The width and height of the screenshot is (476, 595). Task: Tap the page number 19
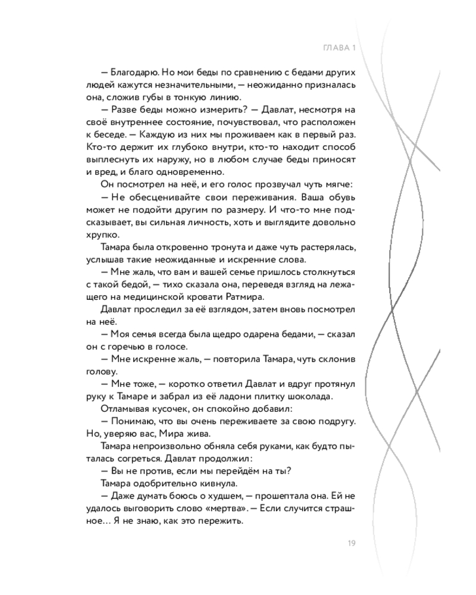coord(350,542)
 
